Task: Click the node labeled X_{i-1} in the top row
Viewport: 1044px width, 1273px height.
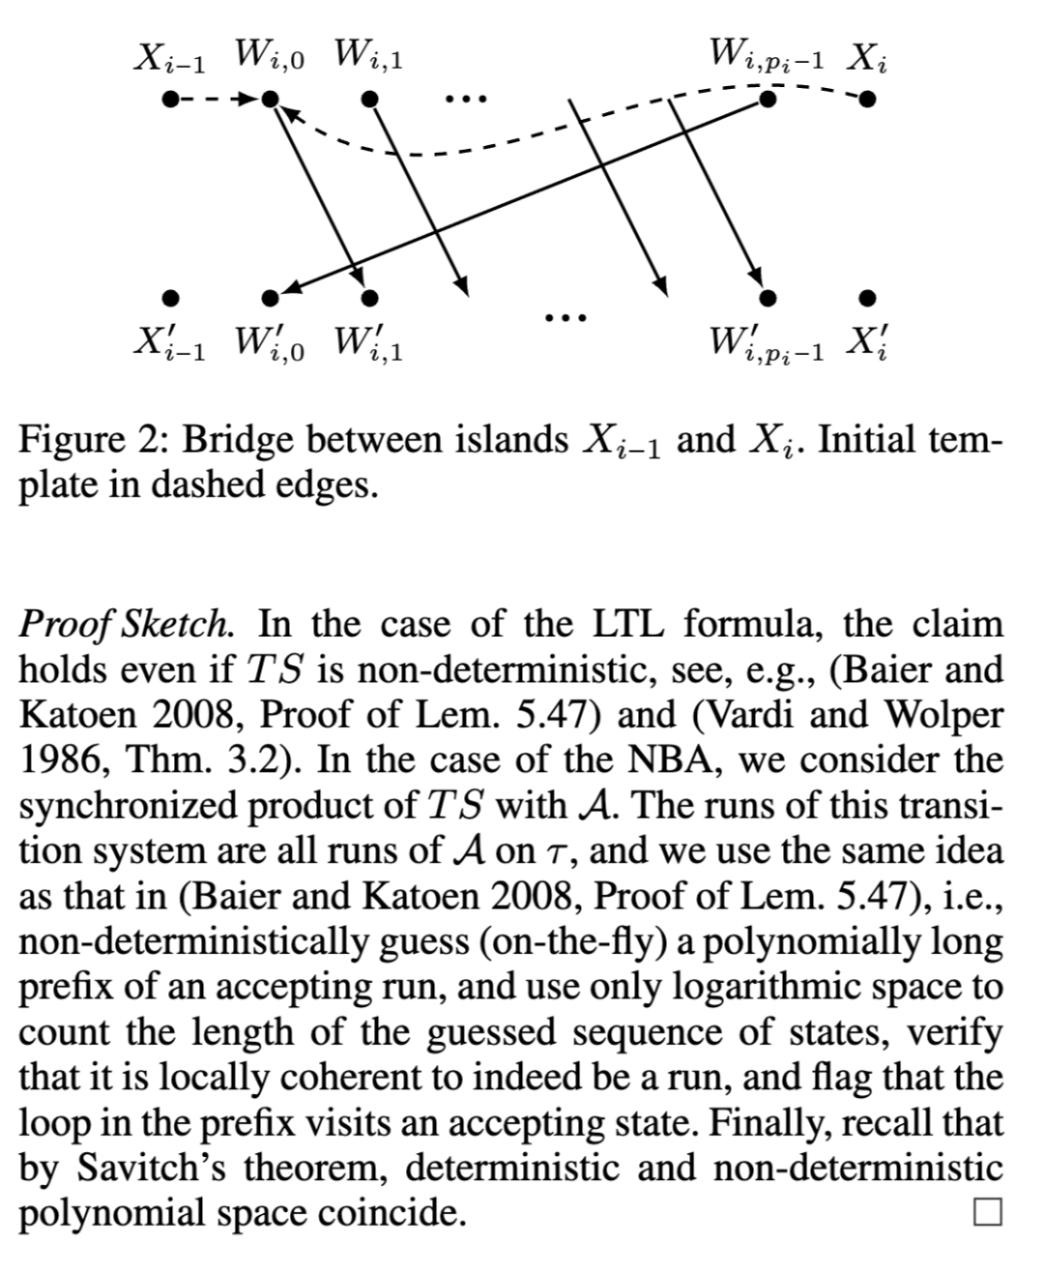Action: [x=170, y=98]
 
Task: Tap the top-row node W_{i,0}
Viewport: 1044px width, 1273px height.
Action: [x=272, y=98]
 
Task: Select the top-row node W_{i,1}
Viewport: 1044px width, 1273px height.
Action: [x=368, y=98]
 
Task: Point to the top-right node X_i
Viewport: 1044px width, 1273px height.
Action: [x=868, y=98]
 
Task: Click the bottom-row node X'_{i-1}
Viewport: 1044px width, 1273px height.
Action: [x=170, y=296]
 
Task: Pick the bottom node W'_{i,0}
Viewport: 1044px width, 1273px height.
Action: [x=272, y=296]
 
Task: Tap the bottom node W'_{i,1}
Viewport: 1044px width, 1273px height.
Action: [x=368, y=296]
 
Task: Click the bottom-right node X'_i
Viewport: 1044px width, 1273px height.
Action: [x=868, y=296]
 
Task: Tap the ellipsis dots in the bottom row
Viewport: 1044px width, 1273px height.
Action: [x=564, y=315]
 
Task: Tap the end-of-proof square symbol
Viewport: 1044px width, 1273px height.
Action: [x=987, y=1211]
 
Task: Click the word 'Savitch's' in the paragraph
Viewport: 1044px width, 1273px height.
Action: [x=148, y=1168]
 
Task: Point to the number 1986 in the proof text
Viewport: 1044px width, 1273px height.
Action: [x=61, y=759]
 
